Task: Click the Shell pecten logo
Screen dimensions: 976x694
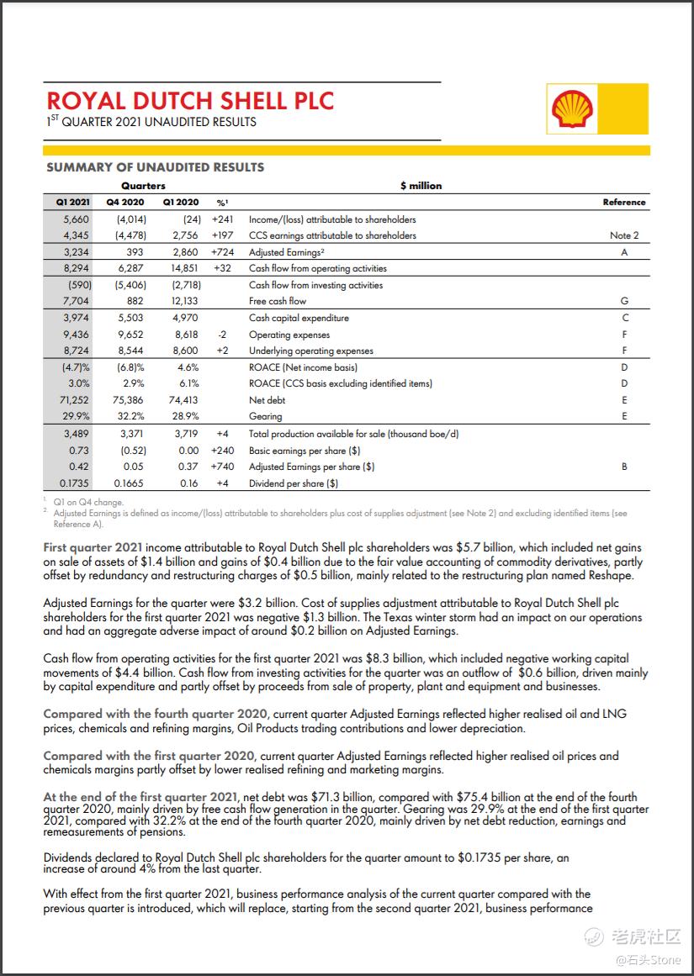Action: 572,110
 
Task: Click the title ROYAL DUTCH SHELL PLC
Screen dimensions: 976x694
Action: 190,101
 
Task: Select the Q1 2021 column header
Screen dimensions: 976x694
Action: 73,202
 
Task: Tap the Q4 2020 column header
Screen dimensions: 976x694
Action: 125,202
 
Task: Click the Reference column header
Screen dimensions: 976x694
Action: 624,202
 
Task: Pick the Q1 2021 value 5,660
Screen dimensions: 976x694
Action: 77,219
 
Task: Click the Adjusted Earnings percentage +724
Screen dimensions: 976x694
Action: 221,252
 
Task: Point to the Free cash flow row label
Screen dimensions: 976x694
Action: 278,301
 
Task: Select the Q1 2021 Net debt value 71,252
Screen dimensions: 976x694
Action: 76,400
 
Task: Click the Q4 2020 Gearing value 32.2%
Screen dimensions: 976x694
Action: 128,416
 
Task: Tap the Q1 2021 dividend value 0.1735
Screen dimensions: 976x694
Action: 75,483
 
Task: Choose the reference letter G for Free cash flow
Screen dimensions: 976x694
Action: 624,301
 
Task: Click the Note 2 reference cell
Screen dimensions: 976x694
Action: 624,235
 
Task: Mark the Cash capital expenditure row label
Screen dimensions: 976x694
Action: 299,318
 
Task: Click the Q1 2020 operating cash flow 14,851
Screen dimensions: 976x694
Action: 181,268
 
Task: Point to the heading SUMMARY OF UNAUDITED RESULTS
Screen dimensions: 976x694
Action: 155,167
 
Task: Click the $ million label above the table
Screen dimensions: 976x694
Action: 421,186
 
